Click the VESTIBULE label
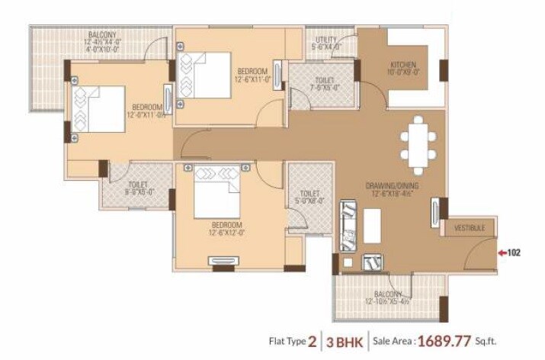point(470,227)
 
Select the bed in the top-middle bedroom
point(206,75)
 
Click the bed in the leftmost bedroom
point(98,109)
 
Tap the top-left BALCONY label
point(101,35)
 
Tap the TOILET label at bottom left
point(137,185)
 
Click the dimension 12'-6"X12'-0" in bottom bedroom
point(226,233)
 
